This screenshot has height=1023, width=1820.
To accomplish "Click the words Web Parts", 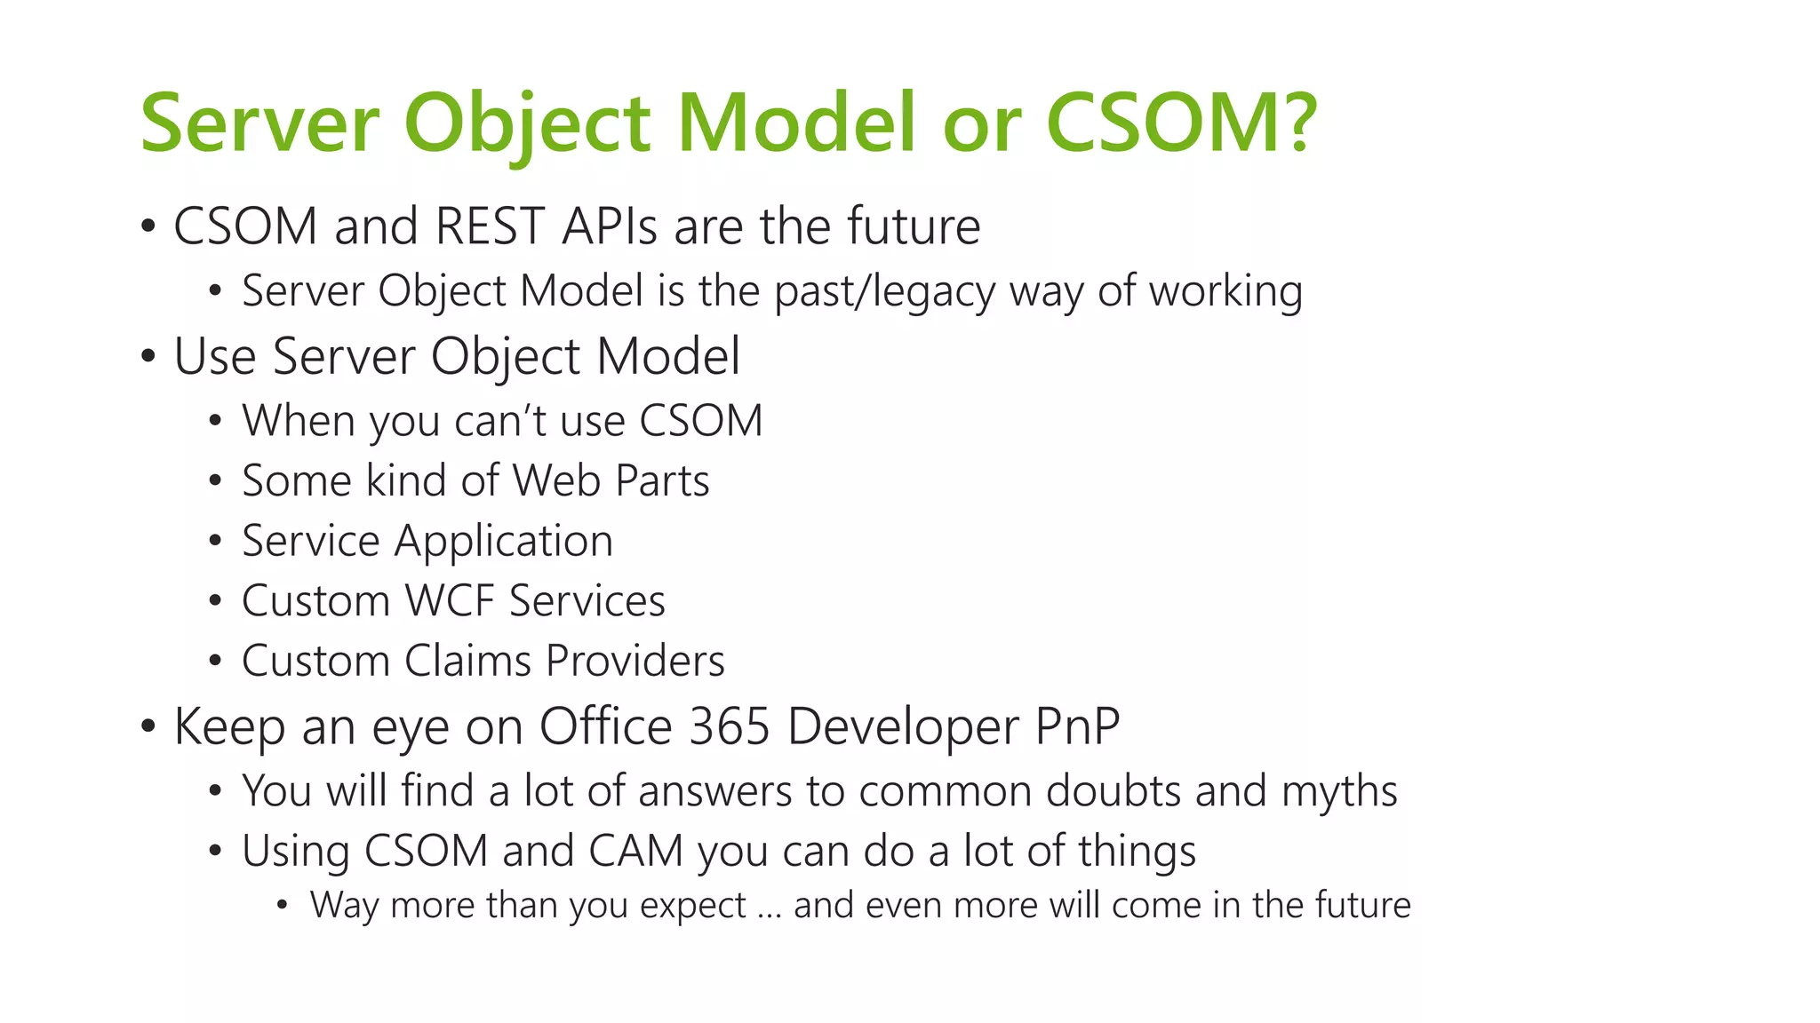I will click(611, 480).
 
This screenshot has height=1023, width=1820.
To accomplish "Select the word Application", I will click(503, 542).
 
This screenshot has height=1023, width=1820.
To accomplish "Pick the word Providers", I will click(635, 661).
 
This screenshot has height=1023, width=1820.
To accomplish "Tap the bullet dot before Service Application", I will click(215, 541).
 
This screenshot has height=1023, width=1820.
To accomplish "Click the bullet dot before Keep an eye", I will click(148, 726).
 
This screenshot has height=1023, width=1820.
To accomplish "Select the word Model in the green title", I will click(795, 123).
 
